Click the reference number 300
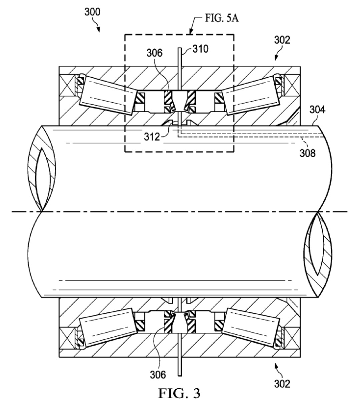coord(92,13)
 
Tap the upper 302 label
coord(282,40)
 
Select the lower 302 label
coord(282,383)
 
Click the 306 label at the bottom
coord(158,375)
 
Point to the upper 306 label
coord(154,53)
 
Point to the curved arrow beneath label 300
coord(98,27)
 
